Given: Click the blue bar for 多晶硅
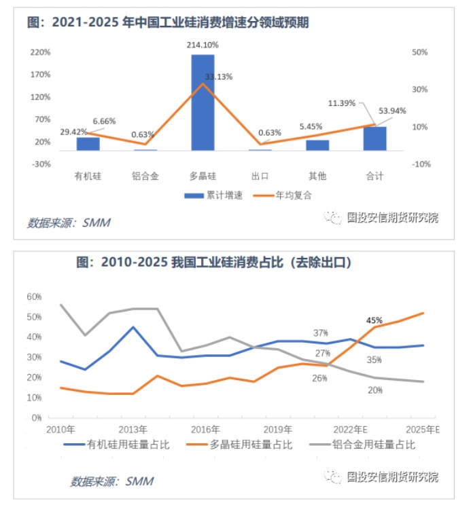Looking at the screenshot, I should (x=203, y=102).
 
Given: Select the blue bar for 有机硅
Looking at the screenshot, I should (x=88, y=143).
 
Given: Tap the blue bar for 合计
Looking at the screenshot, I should (x=374, y=138).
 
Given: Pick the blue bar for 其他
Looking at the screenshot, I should (x=317, y=145).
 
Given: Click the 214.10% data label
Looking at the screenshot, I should (x=203, y=45).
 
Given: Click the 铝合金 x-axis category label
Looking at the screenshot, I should (x=145, y=176).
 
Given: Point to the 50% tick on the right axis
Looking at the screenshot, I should (x=419, y=52).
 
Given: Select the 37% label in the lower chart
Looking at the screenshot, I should (x=321, y=333).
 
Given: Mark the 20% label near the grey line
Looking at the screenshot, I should (x=376, y=390).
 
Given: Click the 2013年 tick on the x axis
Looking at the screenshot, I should (x=133, y=429).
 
